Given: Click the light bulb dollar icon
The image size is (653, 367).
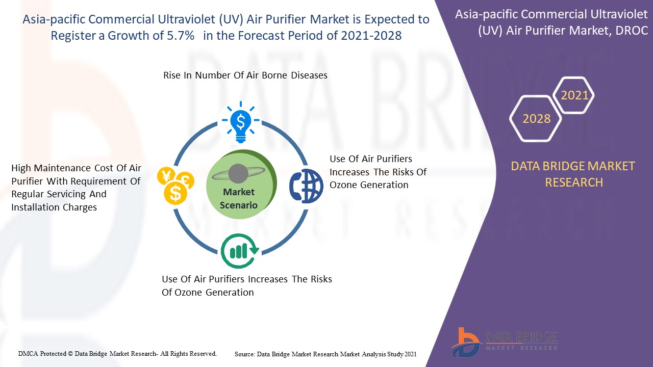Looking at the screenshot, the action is (240, 122).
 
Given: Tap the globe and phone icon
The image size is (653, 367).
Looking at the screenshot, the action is (306, 186).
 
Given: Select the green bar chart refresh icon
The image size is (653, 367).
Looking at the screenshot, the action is (240, 251).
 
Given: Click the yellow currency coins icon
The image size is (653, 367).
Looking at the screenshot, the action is (175, 186).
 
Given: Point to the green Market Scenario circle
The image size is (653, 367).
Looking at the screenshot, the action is (241, 184).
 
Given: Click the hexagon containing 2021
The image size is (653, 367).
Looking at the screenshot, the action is (573, 95).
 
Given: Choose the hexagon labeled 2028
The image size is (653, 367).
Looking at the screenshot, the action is (536, 119).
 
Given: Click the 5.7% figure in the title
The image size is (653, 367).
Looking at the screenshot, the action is (181, 36).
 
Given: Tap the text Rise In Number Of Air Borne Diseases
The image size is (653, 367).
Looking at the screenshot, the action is (245, 75).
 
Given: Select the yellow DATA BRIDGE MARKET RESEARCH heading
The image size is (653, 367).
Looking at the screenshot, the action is (573, 174).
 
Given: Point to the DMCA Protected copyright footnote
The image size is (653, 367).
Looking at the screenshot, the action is (117, 354).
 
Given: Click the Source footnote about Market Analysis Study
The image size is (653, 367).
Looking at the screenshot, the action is (325, 354).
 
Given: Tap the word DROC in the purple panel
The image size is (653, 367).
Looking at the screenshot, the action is (632, 30).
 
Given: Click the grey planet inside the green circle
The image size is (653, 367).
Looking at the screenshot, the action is (238, 174).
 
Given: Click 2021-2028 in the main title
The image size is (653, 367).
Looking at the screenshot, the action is (371, 36).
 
